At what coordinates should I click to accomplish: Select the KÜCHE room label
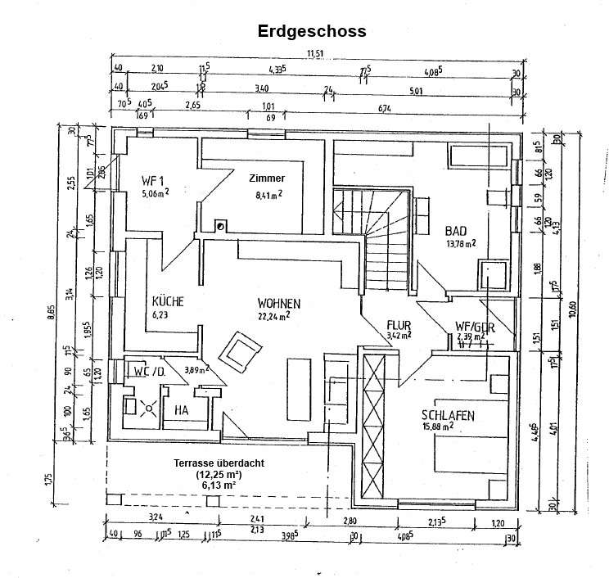click(x=168, y=301)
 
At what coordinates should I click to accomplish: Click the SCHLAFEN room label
click(x=449, y=414)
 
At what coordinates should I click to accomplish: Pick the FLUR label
click(x=399, y=325)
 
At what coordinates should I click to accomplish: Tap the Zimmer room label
click(x=268, y=178)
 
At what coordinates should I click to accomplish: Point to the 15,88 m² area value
click(x=449, y=426)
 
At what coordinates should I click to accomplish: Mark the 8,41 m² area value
click(x=268, y=195)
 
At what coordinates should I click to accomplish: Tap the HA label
click(x=181, y=411)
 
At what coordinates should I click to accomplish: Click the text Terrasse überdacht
click(x=218, y=463)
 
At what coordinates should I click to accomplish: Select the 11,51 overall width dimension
click(x=316, y=55)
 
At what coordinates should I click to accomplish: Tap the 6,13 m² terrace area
click(x=218, y=485)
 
